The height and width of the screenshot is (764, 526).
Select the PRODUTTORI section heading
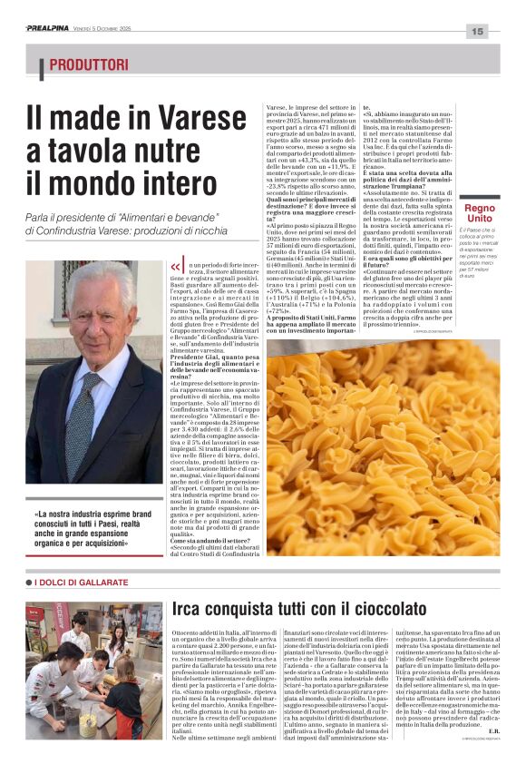89,65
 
